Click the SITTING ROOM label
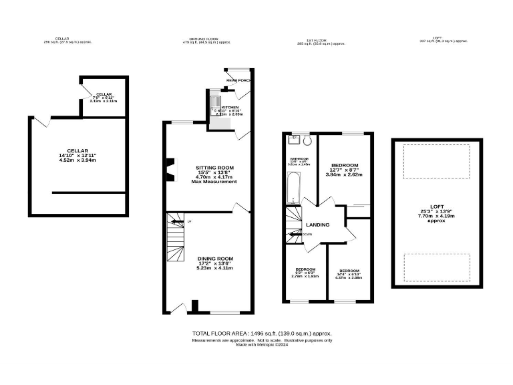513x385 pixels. click(x=214, y=167)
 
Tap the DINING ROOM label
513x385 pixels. click(x=214, y=258)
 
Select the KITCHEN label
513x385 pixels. click(x=230, y=107)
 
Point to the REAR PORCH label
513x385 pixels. click(x=237, y=81)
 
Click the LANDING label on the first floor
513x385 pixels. click(x=317, y=225)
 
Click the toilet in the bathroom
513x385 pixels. click(x=307, y=142)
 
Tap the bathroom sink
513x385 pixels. click(x=293, y=140)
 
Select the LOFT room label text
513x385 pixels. click(x=436, y=206)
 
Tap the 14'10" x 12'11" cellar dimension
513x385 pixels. click(x=78, y=155)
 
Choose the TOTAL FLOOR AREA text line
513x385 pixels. click(x=262, y=333)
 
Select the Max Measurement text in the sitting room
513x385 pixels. click(x=214, y=182)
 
